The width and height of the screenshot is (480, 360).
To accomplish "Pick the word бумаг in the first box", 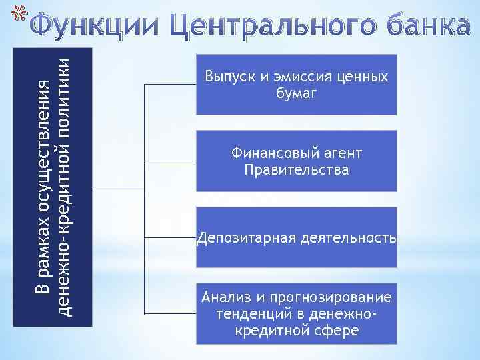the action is tap(296, 94).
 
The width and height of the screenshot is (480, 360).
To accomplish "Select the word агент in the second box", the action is tap(343, 154).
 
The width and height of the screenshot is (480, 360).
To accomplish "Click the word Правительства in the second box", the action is tap(296, 171).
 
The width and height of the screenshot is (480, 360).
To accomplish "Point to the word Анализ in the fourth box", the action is tap(223, 297).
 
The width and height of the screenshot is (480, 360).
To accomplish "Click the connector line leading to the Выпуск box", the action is tap(171, 85).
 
